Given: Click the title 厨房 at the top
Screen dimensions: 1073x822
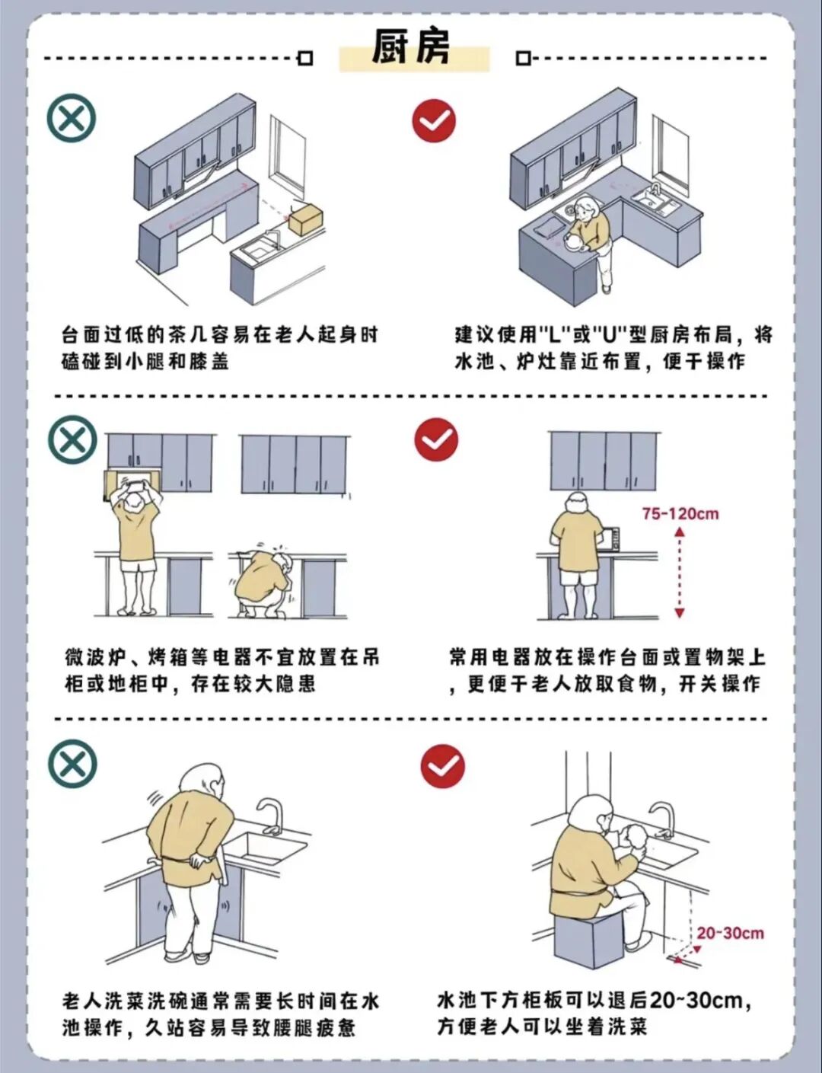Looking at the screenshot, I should [x=411, y=47].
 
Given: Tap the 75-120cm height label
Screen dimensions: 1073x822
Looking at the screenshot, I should [x=680, y=513].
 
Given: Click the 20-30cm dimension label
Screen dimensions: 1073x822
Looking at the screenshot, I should [x=730, y=933].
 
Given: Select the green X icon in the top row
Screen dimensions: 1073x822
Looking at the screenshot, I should [x=72, y=118].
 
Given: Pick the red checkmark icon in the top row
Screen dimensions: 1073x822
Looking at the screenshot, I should [x=434, y=120].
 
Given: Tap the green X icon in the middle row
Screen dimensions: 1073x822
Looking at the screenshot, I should [x=72, y=439].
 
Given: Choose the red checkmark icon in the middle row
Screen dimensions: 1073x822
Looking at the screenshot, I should [x=436, y=439].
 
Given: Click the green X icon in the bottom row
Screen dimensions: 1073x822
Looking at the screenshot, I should [x=72, y=764].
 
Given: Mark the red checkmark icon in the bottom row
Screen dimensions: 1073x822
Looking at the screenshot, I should [x=442, y=766].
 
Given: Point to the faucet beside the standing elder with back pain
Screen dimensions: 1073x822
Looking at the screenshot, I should [x=270, y=816].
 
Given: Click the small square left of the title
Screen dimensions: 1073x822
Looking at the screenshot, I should [x=305, y=58].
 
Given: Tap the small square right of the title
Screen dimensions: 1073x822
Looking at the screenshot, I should [x=523, y=58].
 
